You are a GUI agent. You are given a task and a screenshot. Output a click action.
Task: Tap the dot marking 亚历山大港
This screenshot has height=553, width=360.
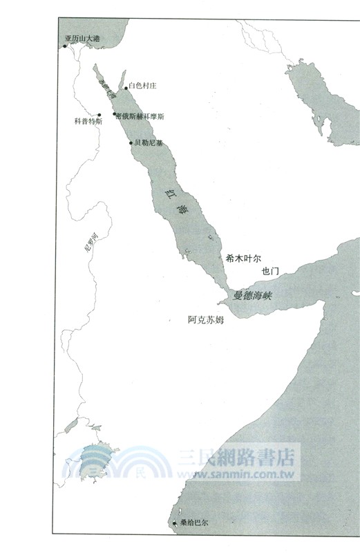[x=64, y=46]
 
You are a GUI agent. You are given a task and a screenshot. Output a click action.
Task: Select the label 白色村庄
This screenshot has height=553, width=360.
[x=144, y=86]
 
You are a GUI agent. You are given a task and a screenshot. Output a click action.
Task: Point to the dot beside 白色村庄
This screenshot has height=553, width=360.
[x=126, y=88]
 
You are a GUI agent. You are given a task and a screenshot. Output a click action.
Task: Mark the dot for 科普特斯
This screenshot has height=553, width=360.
[x=100, y=115]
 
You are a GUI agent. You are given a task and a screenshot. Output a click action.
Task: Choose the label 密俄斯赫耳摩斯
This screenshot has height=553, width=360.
[x=141, y=117]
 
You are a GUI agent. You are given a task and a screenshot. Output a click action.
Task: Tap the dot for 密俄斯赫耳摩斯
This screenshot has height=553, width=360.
[x=114, y=113]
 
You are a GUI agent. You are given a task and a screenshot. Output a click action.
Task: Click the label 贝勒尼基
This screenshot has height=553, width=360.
[x=149, y=143]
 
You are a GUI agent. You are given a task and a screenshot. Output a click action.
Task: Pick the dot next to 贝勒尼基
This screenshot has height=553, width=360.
[x=131, y=143]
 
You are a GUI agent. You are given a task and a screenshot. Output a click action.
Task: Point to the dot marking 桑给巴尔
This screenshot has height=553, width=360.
[x=174, y=523]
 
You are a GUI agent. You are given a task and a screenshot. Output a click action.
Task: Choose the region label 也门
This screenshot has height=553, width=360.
[x=270, y=272]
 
